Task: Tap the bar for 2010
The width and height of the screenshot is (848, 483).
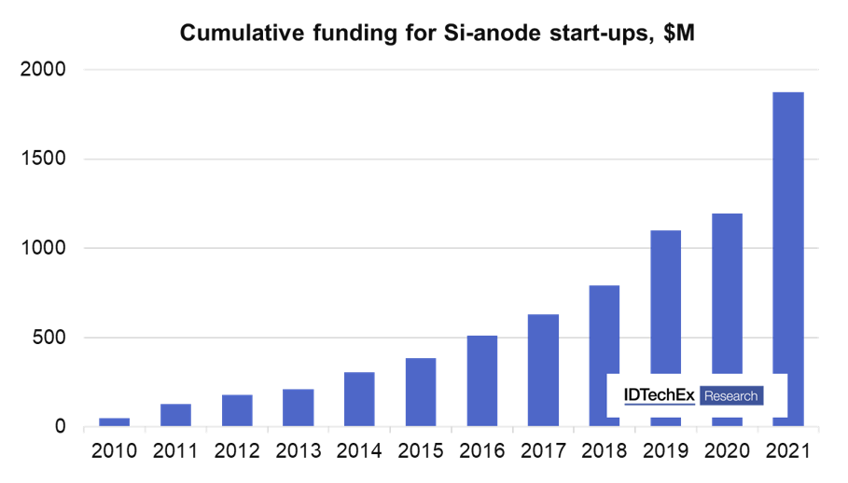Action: (115, 422)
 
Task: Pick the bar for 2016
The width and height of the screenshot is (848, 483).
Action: (482, 381)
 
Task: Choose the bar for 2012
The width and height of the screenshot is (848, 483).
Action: (237, 411)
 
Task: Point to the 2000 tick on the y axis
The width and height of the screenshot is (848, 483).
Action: (46, 70)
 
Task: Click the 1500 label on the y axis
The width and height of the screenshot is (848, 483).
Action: (46, 159)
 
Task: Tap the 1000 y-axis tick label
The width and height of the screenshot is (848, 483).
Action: (46, 249)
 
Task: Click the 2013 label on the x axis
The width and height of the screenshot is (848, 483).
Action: (298, 451)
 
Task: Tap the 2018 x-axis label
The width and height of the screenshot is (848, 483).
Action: (605, 451)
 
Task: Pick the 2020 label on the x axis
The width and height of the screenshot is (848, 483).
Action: (727, 451)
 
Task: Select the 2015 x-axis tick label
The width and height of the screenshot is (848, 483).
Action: (421, 451)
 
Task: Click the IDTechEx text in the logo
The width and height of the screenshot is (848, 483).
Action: (659, 395)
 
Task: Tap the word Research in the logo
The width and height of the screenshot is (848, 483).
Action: (731, 396)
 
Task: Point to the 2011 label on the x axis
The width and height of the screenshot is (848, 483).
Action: (175, 451)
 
